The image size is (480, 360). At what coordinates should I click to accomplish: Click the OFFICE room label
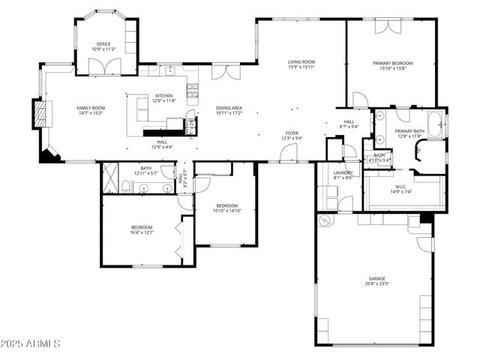103,44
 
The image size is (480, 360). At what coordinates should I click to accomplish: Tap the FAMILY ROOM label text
91,108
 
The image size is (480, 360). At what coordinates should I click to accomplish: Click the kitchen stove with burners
192,91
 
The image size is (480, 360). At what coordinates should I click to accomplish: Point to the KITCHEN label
164,96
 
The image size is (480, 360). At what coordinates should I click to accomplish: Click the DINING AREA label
229,108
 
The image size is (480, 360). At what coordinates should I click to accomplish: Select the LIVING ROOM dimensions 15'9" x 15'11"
301,67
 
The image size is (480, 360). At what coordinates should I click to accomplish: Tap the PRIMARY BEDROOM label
391,63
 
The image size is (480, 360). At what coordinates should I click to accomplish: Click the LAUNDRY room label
343,172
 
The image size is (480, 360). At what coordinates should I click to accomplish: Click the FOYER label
291,133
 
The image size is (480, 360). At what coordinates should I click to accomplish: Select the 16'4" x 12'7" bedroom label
142,227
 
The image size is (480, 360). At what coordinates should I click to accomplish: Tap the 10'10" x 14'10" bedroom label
227,205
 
